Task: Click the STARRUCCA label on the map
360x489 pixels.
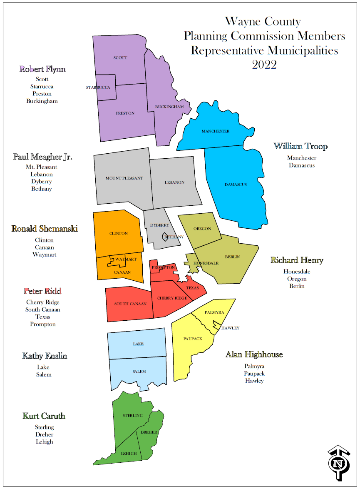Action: (x=98, y=87)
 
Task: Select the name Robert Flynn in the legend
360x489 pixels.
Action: (x=42, y=69)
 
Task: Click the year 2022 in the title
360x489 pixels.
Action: (x=264, y=65)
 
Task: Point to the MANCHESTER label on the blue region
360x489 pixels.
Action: (x=216, y=131)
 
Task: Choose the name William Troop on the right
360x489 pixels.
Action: (x=300, y=147)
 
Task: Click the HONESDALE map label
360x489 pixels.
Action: (x=206, y=263)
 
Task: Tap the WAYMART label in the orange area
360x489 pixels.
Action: (x=126, y=259)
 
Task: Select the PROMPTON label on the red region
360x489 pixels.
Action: (x=163, y=267)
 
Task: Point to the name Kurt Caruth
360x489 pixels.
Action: (x=44, y=416)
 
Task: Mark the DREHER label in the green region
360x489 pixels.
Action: (x=149, y=432)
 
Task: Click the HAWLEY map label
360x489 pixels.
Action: (x=230, y=328)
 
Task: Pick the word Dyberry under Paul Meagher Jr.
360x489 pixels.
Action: (x=41, y=182)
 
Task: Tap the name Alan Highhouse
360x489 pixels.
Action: (x=254, y=355)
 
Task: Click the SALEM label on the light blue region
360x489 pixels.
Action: (x=139, y=372)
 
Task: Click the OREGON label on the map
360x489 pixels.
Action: (x=202, y=229)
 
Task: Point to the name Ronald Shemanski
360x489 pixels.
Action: (x=45, y=229)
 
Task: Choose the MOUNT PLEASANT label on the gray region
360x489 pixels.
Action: (x=124, y=178)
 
